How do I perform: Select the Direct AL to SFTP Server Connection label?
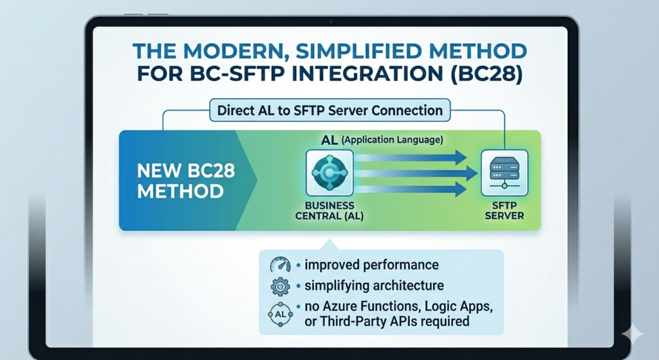tap(329, 110)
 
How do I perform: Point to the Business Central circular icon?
tap(329, 173)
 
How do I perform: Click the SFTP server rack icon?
tap(504, 171)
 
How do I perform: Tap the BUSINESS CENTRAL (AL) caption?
tap(329, 211)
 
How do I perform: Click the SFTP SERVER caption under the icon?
tap(504, 211)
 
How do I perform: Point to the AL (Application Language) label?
tap(380, 139)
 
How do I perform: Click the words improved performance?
tap(371, 265)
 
